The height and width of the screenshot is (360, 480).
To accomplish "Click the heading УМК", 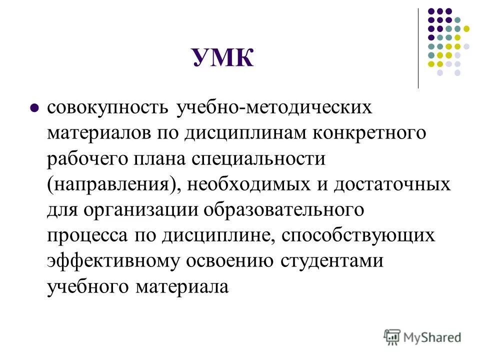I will click(x=222, y=59).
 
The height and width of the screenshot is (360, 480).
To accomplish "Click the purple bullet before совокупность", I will click(x=34, y=108).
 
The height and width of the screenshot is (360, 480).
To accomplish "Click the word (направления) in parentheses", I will click(x=115, y=186).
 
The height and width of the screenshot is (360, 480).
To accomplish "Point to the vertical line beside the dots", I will click(x=418, y=48).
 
